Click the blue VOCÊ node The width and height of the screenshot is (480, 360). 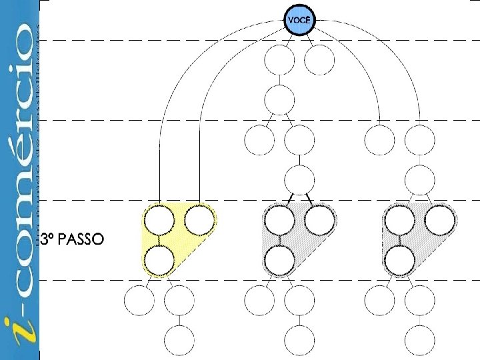click(x=299, y=21)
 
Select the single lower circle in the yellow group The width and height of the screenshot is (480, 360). click(x=159, y=260)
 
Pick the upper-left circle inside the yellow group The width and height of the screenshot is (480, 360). click(x=159, y=221)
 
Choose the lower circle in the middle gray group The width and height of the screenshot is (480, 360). click(x=279, y=260)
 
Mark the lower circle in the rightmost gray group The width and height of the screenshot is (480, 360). click(x=399, y=260)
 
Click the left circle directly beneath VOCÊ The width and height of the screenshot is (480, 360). click(x=279, y=61)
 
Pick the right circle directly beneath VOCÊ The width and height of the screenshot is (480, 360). click(x=319, y=61)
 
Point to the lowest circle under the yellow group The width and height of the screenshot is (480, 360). click(x=179, y=340)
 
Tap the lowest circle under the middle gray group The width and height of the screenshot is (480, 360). click(x=299, y=340)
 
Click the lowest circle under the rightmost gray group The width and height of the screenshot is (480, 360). click(x=419, y=340)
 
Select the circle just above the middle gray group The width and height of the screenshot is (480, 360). click(x=299, y=179)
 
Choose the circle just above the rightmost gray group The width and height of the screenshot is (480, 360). click(x=419, y=179)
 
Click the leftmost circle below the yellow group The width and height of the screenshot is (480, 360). click(x=139, y=300)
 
